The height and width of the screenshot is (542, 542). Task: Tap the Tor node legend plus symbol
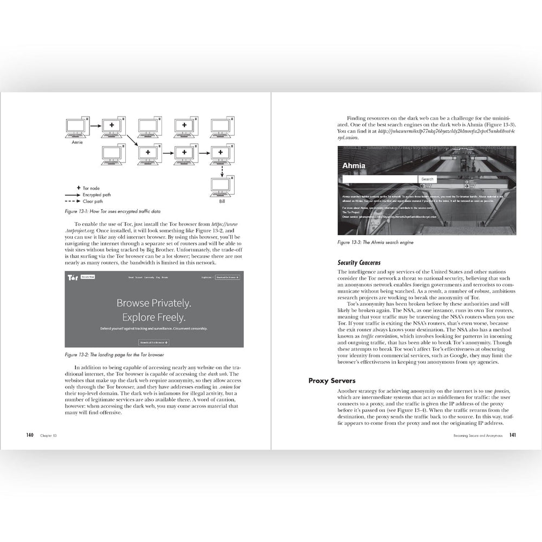[x=79, y=187]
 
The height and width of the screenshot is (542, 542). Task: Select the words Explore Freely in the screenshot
[x=153, y=317]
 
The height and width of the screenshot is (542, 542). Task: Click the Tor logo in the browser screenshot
[x=73, y=278]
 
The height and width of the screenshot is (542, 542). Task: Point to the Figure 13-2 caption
[x=115, y=355]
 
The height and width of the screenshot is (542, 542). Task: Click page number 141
[x=512, y=435]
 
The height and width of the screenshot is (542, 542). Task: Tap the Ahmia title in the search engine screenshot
[x=354, y=166]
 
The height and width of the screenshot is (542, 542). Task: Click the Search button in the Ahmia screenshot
[x=427, y=179]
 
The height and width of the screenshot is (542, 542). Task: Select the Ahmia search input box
[x=380, y=179]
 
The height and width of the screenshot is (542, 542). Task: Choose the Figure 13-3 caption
[x=371, y=243]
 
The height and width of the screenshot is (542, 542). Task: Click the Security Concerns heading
[x=359, y=262]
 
